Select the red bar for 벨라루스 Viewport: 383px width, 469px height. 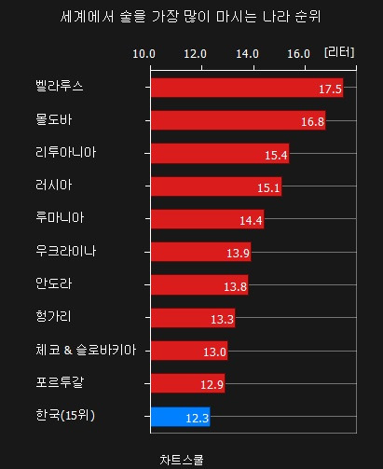point(246,89)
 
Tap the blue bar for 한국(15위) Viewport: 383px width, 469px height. point(180,417)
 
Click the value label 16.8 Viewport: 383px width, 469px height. point(312,121)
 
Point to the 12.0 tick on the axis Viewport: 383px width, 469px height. point(196,53)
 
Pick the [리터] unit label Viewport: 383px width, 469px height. point(339,52)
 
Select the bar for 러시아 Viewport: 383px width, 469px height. point(215,186)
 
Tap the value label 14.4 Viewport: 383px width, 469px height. point(251,220)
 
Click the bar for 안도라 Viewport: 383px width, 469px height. point(198,285)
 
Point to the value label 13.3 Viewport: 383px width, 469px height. point(223,319)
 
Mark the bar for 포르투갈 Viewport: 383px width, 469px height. point(187,384)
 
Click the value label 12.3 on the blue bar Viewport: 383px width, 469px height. point(197,418)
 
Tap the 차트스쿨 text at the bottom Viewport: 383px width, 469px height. point(183,459)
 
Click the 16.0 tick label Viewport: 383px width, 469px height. point(299,53)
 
